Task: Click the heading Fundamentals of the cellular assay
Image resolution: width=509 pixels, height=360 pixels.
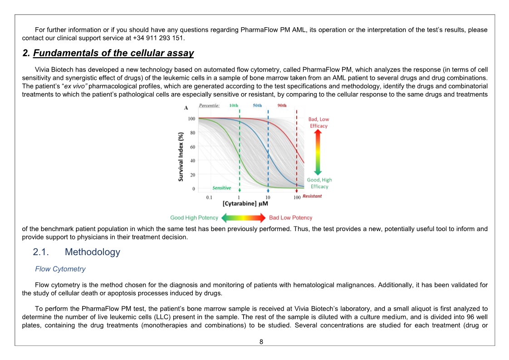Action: point(113,53)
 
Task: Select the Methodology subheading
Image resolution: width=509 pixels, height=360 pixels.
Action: point(93,252)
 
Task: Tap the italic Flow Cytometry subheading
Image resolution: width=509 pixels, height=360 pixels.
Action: point(60,269)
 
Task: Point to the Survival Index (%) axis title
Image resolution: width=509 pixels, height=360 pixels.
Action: point(181,157)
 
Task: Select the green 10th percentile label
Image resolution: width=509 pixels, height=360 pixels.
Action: point(234,105)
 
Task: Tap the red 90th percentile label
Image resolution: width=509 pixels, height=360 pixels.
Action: point(282,105)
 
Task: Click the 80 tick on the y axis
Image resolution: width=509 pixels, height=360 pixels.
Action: point(193,133)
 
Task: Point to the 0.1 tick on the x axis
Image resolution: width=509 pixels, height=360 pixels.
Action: point(209,197)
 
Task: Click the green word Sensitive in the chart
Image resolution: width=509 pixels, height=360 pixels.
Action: point(221,188)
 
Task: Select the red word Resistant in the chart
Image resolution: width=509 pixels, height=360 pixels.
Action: point(312,196)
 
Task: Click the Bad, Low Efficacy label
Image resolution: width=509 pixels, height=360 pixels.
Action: point(318,123)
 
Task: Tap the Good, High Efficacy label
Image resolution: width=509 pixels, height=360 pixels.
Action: point(319,183)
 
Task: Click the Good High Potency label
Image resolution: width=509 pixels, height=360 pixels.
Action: point(194,218)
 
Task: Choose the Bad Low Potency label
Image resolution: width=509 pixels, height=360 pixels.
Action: point(291,218)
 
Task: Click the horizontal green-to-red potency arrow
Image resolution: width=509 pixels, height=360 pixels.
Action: point(244,218)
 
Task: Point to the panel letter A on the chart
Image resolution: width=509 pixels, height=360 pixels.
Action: point(186,108)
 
